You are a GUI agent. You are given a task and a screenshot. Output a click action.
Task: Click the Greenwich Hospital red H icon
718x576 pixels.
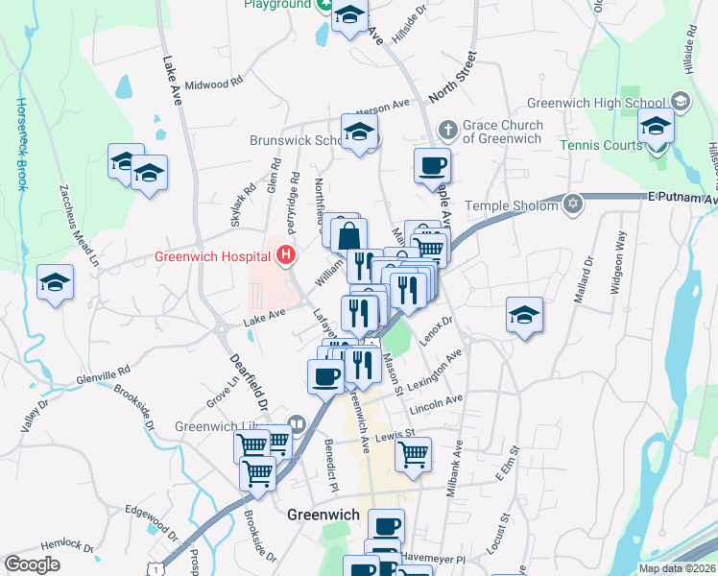(x=285, y=255)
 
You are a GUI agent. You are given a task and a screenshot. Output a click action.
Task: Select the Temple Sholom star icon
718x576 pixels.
(x=573, y=204)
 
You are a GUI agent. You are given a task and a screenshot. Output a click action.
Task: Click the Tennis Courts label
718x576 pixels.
(x=601, y=145)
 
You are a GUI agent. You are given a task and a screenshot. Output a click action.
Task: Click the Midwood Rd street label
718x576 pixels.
(x=213, y=84)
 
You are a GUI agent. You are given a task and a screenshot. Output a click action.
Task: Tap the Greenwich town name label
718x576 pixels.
(x=323, y=515)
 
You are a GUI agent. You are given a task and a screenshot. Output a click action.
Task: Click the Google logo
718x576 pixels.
(x=32, y=564)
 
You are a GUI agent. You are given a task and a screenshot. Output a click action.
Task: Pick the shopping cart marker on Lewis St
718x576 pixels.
(x=413, y=455)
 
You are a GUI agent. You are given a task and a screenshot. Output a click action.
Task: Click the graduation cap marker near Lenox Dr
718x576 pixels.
(x=524, y=316)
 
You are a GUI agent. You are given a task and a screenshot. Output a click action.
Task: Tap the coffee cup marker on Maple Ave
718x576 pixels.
(x=432, y=165)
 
